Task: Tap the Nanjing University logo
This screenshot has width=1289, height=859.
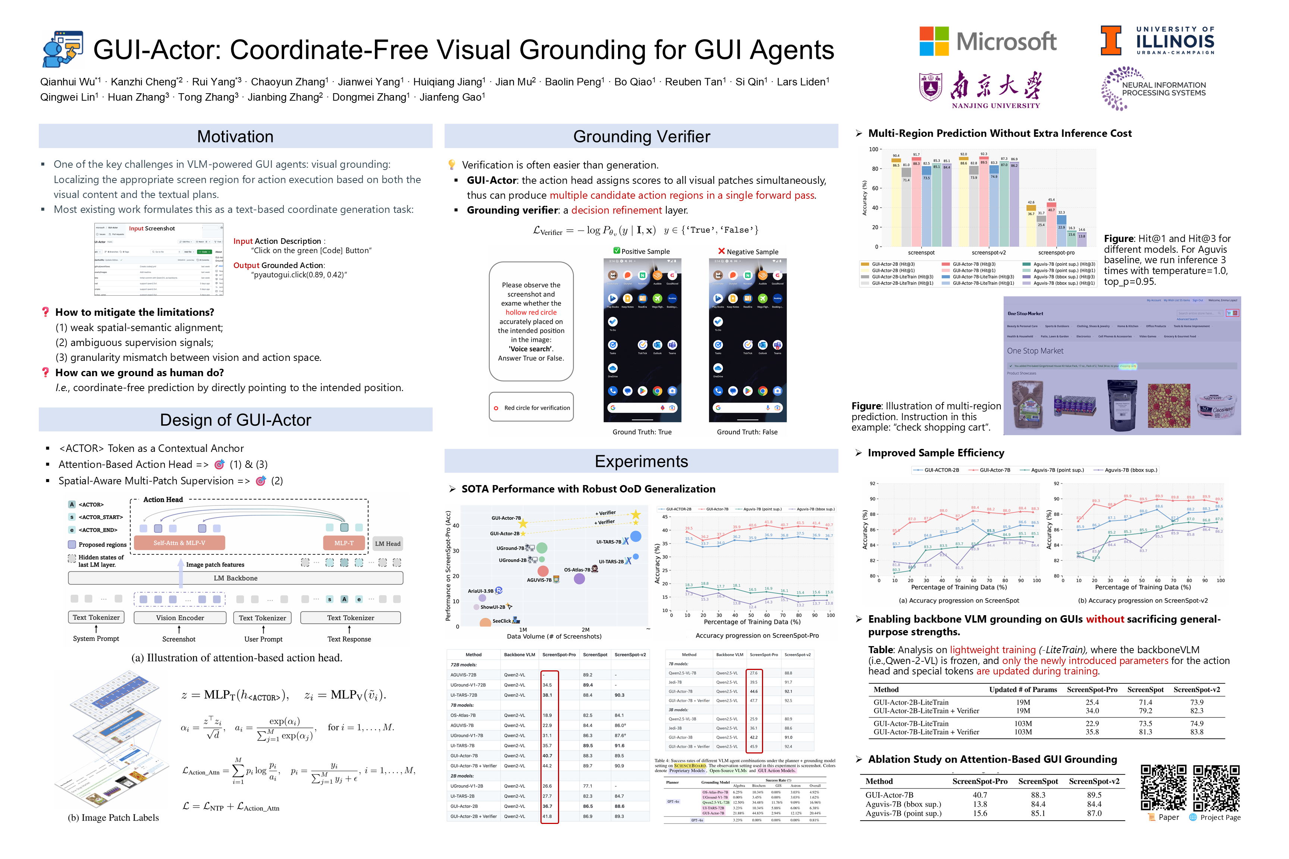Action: coord(980,90)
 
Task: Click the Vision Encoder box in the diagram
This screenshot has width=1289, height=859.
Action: coord(180,617)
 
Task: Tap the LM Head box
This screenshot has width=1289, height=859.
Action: coord(388,544)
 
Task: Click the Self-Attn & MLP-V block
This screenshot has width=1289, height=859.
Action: coord(179,543)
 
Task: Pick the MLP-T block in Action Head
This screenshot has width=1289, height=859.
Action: coord(344,543)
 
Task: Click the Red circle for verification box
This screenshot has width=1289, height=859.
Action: coord(531,407)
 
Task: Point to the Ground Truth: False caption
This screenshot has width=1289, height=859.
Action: coord(747,432)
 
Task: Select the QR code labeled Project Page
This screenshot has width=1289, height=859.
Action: coord(1216,788)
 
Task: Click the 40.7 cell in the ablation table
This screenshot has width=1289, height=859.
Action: coord(980,795)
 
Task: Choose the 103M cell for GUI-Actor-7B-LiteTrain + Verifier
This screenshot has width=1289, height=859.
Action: coord(1023,732)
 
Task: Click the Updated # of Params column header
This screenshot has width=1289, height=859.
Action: coord(1023,690)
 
